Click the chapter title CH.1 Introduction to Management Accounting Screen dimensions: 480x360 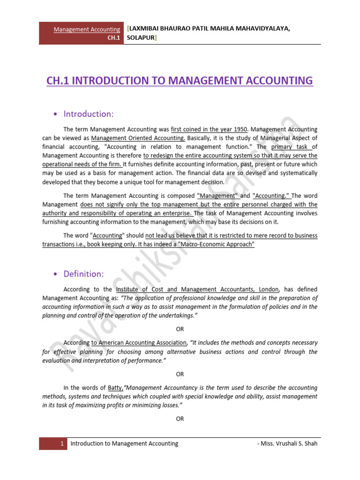(180, 81)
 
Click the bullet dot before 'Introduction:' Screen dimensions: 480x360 (56, 114)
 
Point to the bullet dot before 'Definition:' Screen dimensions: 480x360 (56, 274)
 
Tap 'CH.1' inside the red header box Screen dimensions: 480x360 (114, 38)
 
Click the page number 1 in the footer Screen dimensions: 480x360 (61, 443)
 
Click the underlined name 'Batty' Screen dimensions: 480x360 (115, 388)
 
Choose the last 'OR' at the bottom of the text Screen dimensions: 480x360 (180, 419)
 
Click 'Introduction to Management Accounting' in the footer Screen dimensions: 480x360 (124, 443)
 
